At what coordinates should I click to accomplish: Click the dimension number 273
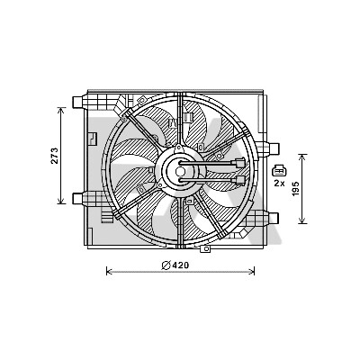click(x=54, y=156)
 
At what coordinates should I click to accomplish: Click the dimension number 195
click(x=296, y=188)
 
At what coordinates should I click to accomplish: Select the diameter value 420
click(x=181, y=265)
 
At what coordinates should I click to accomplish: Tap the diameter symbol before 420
click(x=166, y=265)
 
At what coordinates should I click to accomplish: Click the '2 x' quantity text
click(x=279, y=183)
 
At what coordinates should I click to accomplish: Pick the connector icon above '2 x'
click(x=279, y=171)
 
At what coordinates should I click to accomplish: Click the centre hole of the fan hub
click(x=180, y=172)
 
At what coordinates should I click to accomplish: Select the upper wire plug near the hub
click(x=240, y=163)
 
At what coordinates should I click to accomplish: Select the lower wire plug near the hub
click(x=240, y=180)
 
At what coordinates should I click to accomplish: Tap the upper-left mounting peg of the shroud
click(x=77, y=102)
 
